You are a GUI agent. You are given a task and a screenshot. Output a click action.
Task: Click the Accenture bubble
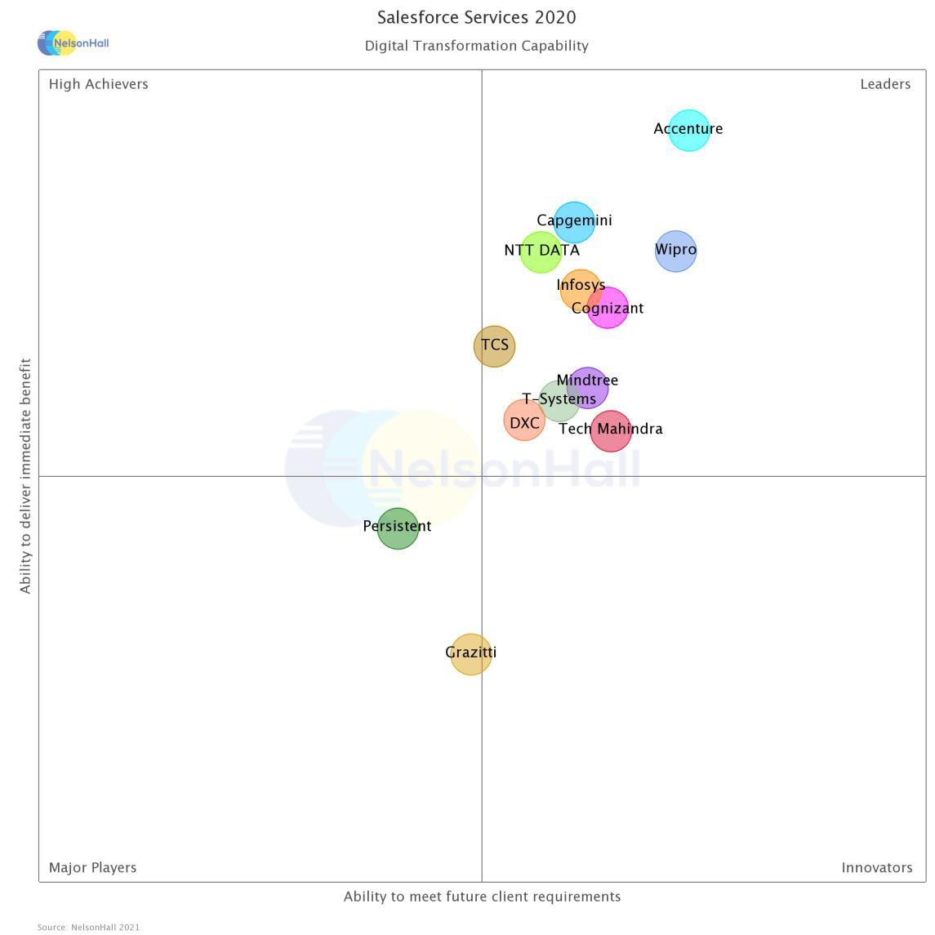pos(688,131)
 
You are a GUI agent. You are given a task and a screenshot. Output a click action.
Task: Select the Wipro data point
pos(675,252)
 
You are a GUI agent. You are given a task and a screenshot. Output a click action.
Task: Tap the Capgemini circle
pos(574,222)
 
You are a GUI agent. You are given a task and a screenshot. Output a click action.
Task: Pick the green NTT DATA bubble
pos(541,252)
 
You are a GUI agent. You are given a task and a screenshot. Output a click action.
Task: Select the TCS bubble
pos(494,346)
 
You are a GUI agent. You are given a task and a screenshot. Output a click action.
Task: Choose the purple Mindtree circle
pos(589,386)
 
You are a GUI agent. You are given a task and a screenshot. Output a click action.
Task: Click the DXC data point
pos(523,421)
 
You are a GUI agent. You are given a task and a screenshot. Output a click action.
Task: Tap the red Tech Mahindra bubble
pos(611,431)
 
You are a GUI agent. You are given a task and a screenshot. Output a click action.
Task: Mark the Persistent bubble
pos(398,528)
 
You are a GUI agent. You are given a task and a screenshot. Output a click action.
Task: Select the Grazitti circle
pos(471,654)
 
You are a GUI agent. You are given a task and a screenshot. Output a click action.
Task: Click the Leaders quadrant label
pos(884,84)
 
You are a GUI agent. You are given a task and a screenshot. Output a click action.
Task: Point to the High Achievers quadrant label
pos(99,84)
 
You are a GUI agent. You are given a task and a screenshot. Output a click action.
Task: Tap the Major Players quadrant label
pos(92,867)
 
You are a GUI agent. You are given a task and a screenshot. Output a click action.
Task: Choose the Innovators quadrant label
pos(876,867)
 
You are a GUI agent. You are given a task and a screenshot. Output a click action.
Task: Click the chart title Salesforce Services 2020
pos(476,17)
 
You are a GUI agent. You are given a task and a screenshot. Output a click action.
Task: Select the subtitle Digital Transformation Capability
pos(476,46)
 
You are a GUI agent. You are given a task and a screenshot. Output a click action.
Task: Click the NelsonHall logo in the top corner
pos(73,42)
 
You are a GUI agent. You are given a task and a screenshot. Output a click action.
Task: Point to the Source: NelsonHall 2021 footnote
pos(88,927)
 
